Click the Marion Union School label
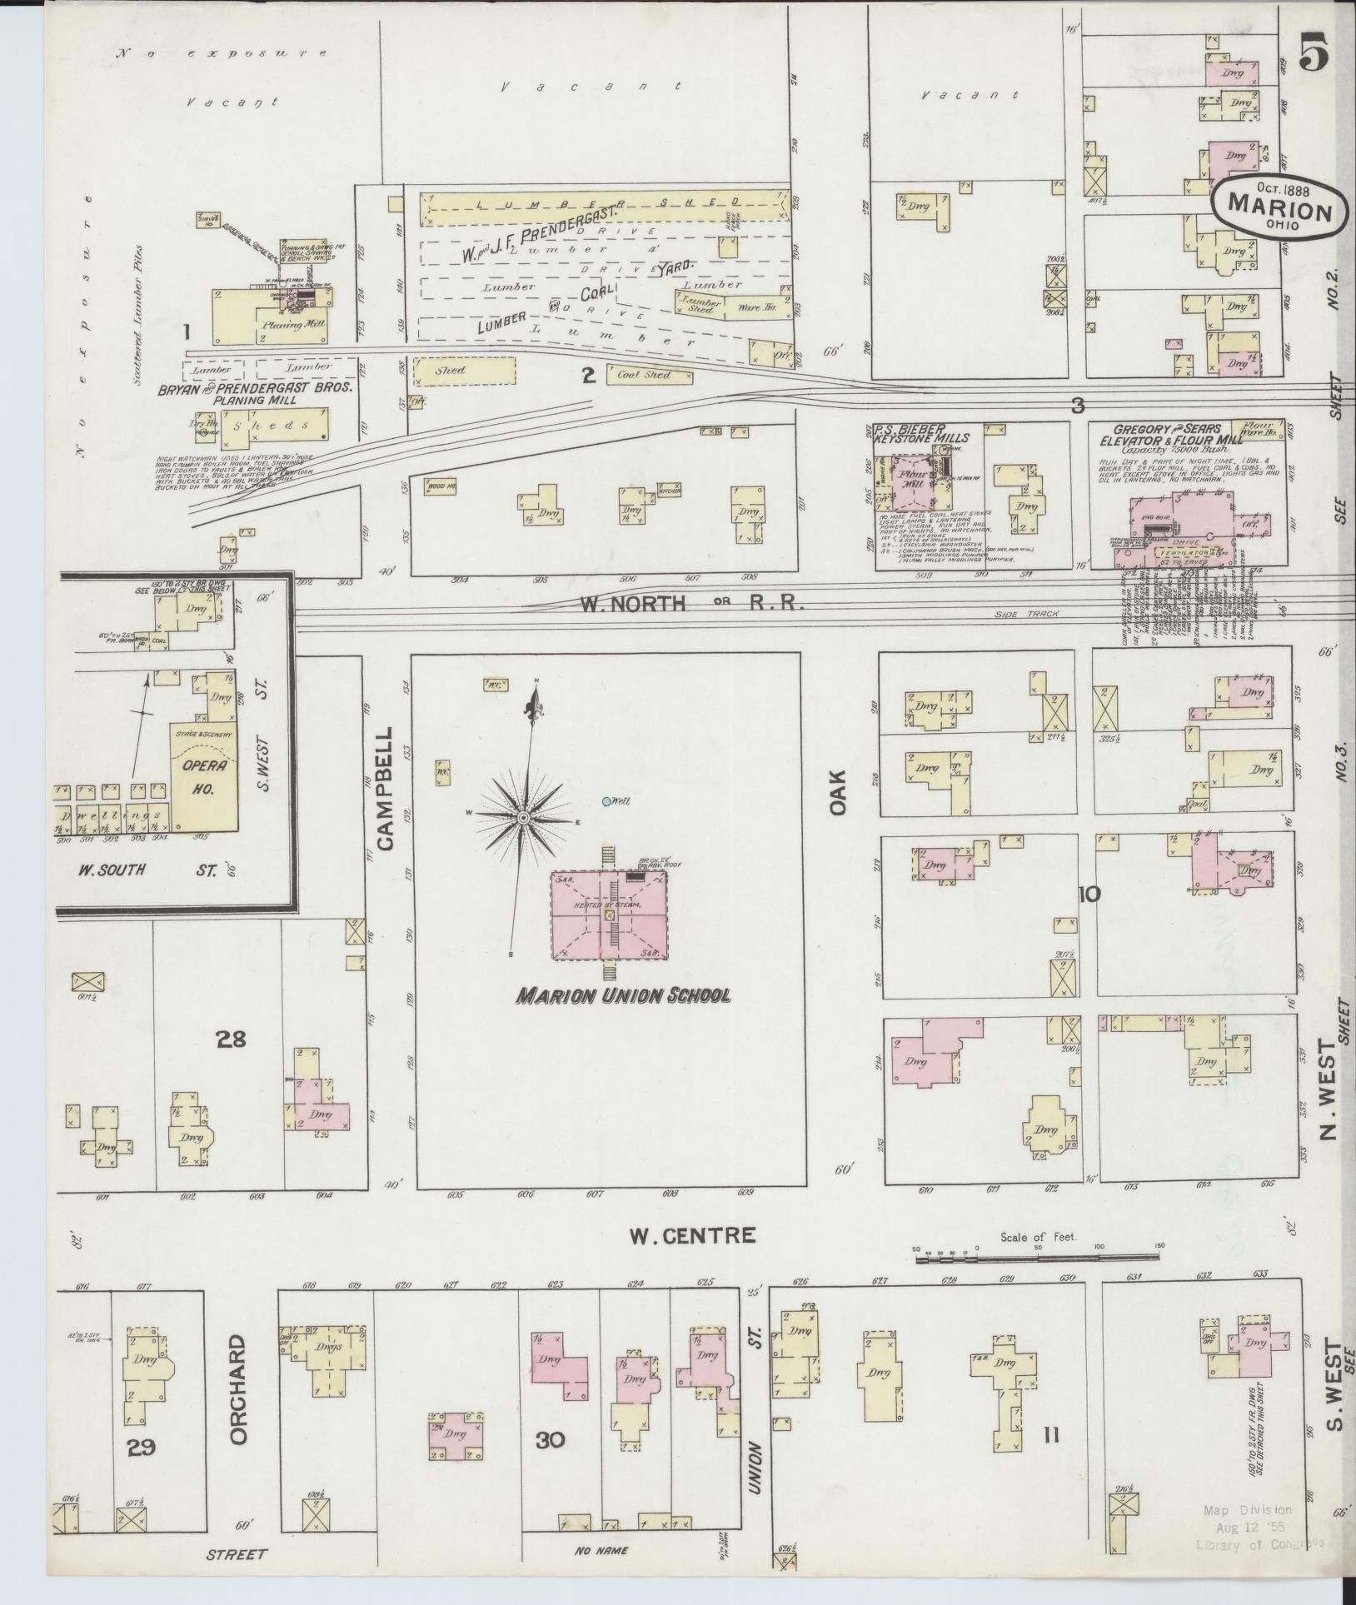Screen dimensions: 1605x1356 [623, 995]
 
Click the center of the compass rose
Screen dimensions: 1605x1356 [523, 819]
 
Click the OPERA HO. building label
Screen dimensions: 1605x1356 [200, 780]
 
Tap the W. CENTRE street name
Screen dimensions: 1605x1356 [692, 1235]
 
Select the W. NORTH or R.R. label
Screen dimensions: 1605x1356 [691, 605]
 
